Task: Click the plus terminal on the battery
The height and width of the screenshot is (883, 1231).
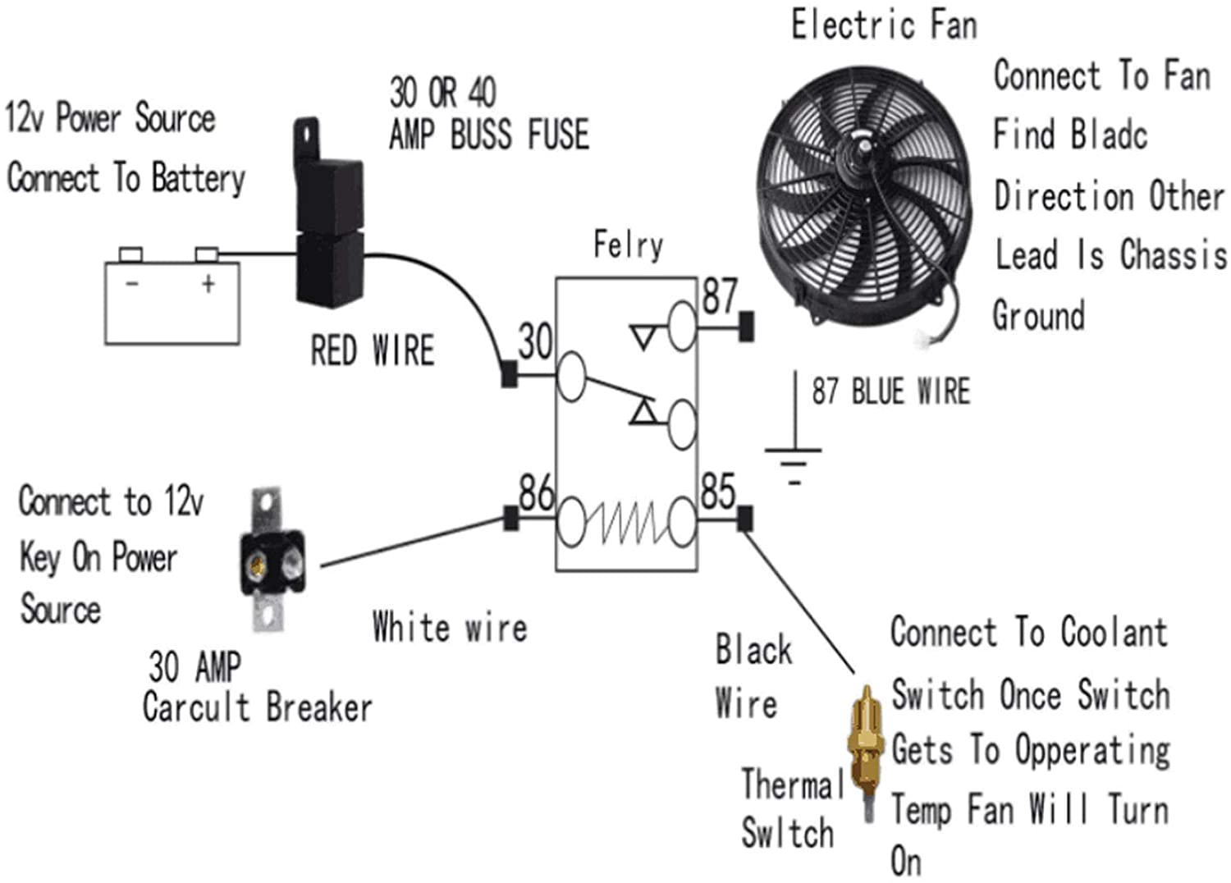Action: click(207, 254)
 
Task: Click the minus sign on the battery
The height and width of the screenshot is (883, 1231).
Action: click(131, 284)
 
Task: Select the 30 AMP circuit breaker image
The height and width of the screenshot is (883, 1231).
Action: click(272, 561)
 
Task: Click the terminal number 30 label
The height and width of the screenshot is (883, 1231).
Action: click(535, 341)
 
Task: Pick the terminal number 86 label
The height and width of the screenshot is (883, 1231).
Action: click(536, 492)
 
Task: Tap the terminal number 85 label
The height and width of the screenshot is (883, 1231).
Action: click(718, 492)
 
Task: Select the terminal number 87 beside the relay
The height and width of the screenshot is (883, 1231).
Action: click(720, 296)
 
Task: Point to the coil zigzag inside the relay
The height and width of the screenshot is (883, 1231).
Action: click(628, 523)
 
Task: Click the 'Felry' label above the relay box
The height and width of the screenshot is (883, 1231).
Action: click(628, 245)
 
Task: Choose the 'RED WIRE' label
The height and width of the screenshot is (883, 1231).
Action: click(372, 350)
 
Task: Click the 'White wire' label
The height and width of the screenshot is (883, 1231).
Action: click(449, 628)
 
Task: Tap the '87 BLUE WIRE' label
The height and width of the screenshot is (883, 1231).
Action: click(890, 391)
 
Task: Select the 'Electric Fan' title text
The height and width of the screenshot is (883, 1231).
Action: click(884, 25)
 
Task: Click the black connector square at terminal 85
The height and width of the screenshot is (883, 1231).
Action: click(745, 519)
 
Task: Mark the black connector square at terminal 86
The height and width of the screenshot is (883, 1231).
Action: click(510, 519)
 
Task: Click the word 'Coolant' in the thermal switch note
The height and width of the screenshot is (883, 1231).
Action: click(1113, 633)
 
